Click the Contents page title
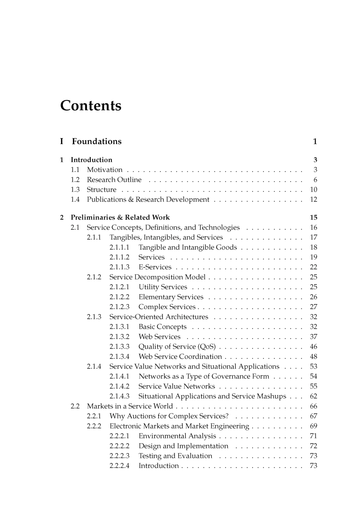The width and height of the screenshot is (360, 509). [x=91, y=106]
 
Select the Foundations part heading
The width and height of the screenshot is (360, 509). [x=97, y=141]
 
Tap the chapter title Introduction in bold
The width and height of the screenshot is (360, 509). [x=91, y=160]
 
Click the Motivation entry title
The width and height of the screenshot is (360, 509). [x=105, y=170]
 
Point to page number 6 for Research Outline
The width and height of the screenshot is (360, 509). [x=315, y=180]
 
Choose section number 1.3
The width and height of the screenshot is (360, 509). [x=75, y=190]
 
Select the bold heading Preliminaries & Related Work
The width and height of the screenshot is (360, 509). [x=120, y=218]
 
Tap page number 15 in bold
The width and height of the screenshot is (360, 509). [x=314, y=218]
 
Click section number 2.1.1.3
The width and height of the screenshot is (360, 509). [x=119, y=267]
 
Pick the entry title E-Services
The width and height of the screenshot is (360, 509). [x=155, y=267]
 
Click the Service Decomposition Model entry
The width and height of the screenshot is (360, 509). [x=157, y=277]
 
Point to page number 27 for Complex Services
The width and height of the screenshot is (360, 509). [x=314, y=307]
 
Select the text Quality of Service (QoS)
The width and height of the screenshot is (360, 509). [x=177, y=347]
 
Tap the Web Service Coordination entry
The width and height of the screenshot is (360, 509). [x=180, y=357]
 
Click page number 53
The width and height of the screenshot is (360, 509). [x=314, y=366]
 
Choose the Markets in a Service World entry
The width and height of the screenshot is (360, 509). [x=130, y=406]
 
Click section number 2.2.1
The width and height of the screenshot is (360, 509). [x=94, y=416]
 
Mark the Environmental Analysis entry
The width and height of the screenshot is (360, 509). [x=177, y=436]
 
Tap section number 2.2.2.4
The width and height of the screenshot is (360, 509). [x=119, y=466]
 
